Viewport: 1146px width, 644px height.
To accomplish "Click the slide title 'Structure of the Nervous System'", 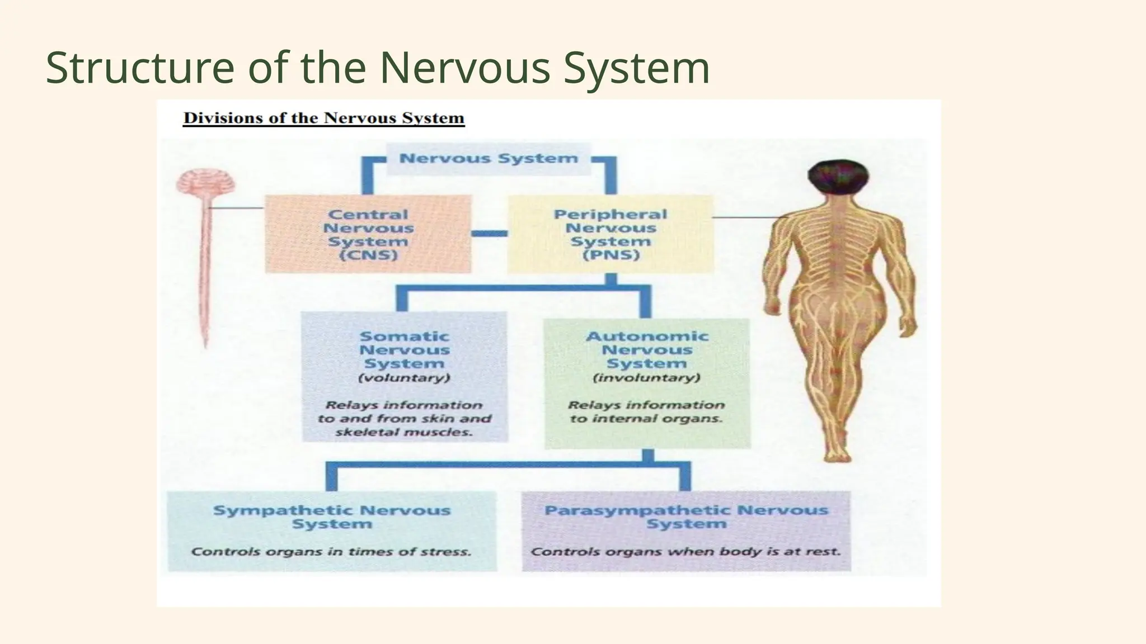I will (x=378, y=68).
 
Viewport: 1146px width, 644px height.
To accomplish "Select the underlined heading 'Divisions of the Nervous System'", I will (x=324, y=119).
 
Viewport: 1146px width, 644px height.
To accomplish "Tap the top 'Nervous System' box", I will (x=489, y=159).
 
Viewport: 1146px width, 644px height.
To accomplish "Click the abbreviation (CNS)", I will (x=369, y=255).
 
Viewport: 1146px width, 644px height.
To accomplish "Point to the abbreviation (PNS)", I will (x=610, y=255).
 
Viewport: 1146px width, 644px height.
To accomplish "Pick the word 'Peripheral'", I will (x=610, y=215).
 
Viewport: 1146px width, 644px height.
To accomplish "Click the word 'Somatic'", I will (x=405, y=337).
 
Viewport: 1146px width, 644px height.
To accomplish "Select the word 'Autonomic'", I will (x=647, y=337).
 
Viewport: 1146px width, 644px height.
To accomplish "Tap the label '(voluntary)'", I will (x=405, y=378).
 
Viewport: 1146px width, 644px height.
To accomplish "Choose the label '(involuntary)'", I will (x=647, y=378).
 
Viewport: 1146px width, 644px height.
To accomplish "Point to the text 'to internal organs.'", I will (x=647, y=419).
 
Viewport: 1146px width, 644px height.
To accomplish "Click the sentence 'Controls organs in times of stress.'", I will (x=331, y=552).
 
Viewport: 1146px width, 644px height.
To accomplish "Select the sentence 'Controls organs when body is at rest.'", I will (x=686, y=552).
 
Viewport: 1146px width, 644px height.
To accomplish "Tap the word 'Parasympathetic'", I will (x=637, y=510).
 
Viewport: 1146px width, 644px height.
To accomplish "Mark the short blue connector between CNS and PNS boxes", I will (x=489, y=234).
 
